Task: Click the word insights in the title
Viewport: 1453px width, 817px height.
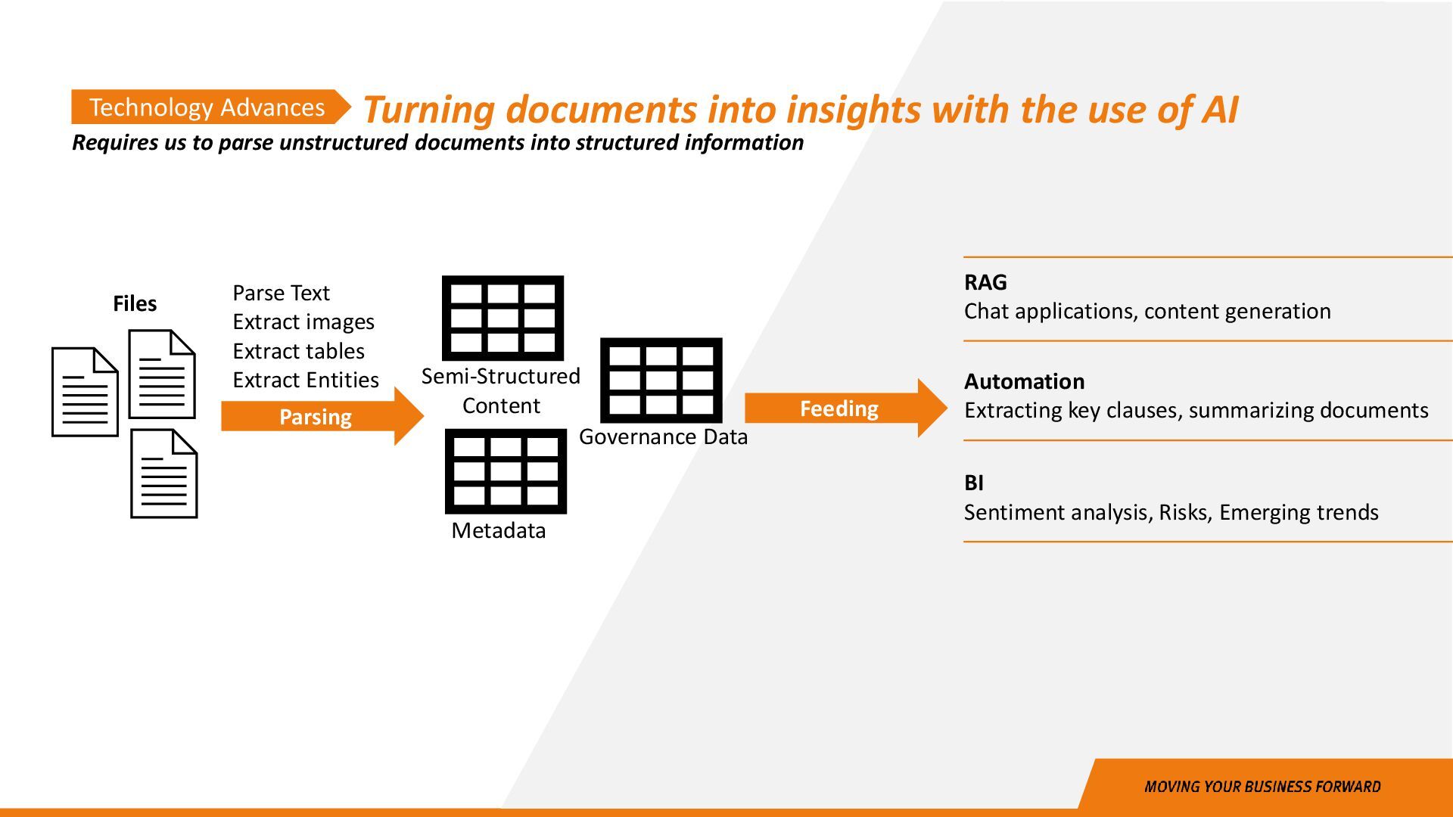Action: coord(853,110)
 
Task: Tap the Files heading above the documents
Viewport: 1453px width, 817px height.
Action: coord(135,303)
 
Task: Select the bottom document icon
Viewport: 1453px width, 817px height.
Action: coord(163,474)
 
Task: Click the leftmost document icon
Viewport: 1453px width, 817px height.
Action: coord(85,392)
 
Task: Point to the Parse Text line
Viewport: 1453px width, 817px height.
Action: coord(281,293)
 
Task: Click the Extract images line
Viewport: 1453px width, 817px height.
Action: coord(303,322)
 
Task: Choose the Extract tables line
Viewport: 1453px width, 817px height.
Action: coord(298,351)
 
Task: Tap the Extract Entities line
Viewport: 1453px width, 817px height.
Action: coord(305,380)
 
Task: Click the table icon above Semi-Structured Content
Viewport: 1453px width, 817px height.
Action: coord(502,318)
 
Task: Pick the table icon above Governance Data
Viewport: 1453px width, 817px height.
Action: coord(661,381)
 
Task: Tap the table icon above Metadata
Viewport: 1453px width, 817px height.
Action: coord(506,471)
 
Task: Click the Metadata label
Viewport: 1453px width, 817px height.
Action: coord(498,530)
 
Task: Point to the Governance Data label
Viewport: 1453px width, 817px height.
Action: coord(663,436)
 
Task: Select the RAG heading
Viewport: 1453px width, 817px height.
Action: coord(985,282)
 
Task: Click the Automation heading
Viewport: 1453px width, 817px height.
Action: coord(1024,381)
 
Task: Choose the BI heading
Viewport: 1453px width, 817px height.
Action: coord(974,483)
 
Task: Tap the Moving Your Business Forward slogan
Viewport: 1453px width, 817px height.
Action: coord(1262,787)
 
